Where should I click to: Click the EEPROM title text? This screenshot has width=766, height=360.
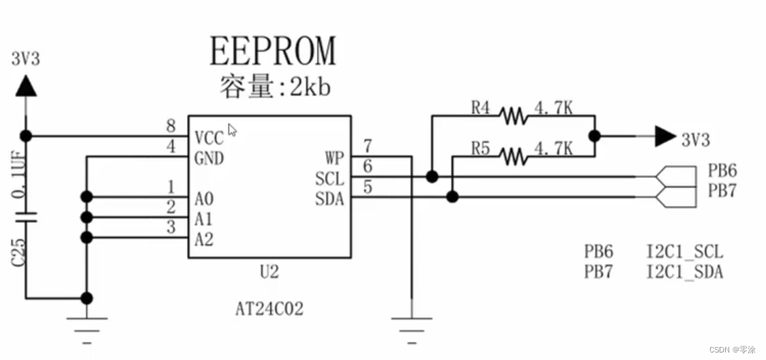273,51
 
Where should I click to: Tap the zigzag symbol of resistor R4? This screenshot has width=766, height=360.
513,116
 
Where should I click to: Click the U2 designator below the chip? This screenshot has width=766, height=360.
269,273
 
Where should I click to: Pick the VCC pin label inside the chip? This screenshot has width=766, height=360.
209,138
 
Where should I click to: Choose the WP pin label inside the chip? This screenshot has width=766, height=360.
334,159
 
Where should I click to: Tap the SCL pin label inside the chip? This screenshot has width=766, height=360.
330,179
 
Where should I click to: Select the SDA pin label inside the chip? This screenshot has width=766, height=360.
330,199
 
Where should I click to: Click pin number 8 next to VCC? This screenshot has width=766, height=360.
171,127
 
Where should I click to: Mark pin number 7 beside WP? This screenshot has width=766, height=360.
368,147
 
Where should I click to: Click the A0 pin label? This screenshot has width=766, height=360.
204,199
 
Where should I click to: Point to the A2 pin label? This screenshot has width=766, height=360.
204,239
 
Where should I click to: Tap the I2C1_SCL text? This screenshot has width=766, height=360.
684,252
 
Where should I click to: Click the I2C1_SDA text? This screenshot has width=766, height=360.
684,273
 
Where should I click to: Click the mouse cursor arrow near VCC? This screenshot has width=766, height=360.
232,130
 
